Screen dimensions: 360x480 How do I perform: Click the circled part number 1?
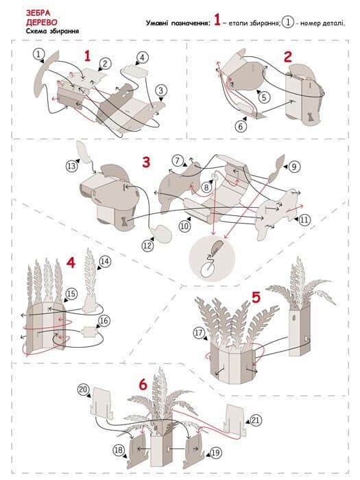point(38,54)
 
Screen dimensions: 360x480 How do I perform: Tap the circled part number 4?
point(143,57)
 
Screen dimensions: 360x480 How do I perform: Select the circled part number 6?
point(241,126)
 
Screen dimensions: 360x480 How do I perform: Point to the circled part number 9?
point(294,167)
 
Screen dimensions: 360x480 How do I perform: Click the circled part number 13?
point(71,166)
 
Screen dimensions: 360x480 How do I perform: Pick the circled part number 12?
point(147,245)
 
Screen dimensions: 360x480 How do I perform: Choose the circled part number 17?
point(200,333)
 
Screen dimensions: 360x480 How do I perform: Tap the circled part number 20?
point(83,389)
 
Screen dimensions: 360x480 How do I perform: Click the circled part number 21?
point(255,420)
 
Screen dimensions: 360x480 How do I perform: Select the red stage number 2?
point(288,57)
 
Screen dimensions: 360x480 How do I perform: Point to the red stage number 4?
point(71,263)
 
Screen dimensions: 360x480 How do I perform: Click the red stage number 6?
point(143,385)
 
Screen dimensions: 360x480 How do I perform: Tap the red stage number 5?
point(256,297)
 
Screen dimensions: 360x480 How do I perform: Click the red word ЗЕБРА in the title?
point(38,13)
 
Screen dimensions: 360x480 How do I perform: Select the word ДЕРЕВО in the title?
point(42,23)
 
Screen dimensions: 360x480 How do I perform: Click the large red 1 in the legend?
point(217,20)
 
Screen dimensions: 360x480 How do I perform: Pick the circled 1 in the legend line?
point(288,23)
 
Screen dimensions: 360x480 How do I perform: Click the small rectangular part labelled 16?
point(89,331)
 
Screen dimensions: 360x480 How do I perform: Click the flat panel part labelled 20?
point(102,403)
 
